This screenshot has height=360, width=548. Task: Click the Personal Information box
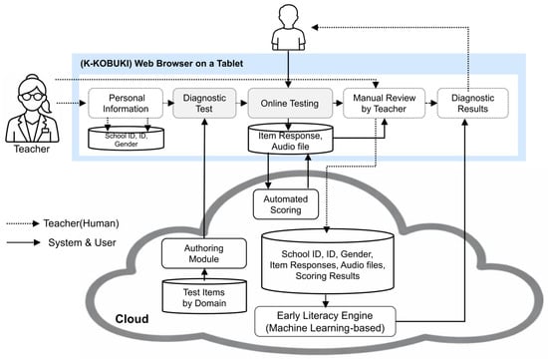(x=126, y=103)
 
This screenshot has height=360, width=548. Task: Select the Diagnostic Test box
(x=204, y=103)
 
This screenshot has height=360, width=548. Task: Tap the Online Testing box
(x=290, y=103)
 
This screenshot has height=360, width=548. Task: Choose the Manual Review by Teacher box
(x=384, y=103)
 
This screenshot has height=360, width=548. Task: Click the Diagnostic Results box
(x=473, y=103)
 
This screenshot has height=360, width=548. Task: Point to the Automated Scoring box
(x=286, y=204)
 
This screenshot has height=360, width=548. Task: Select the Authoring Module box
(x=204, y=253)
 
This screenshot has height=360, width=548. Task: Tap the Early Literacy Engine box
(x=326, y=322)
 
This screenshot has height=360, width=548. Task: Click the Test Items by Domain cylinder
(x=204, y=296)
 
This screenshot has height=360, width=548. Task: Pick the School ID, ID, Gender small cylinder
(x=127, y=139)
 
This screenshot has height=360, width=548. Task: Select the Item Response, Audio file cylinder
(x=290, y=139)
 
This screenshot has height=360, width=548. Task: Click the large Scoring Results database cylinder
(x=328, y=261)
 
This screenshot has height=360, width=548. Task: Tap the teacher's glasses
(x=32, y=96)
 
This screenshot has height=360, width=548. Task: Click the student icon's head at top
(x=289, y=15)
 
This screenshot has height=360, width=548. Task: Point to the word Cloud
(x=132, y=319)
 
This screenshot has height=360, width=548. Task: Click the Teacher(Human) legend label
(x=81, y=223)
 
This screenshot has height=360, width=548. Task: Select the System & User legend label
(x=82, y=242)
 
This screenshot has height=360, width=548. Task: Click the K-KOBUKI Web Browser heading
(x=161, y=64)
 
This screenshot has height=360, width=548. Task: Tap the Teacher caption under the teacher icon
(x=32, y=149)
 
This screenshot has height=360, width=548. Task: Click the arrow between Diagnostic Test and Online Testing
(x=242, y=103)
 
